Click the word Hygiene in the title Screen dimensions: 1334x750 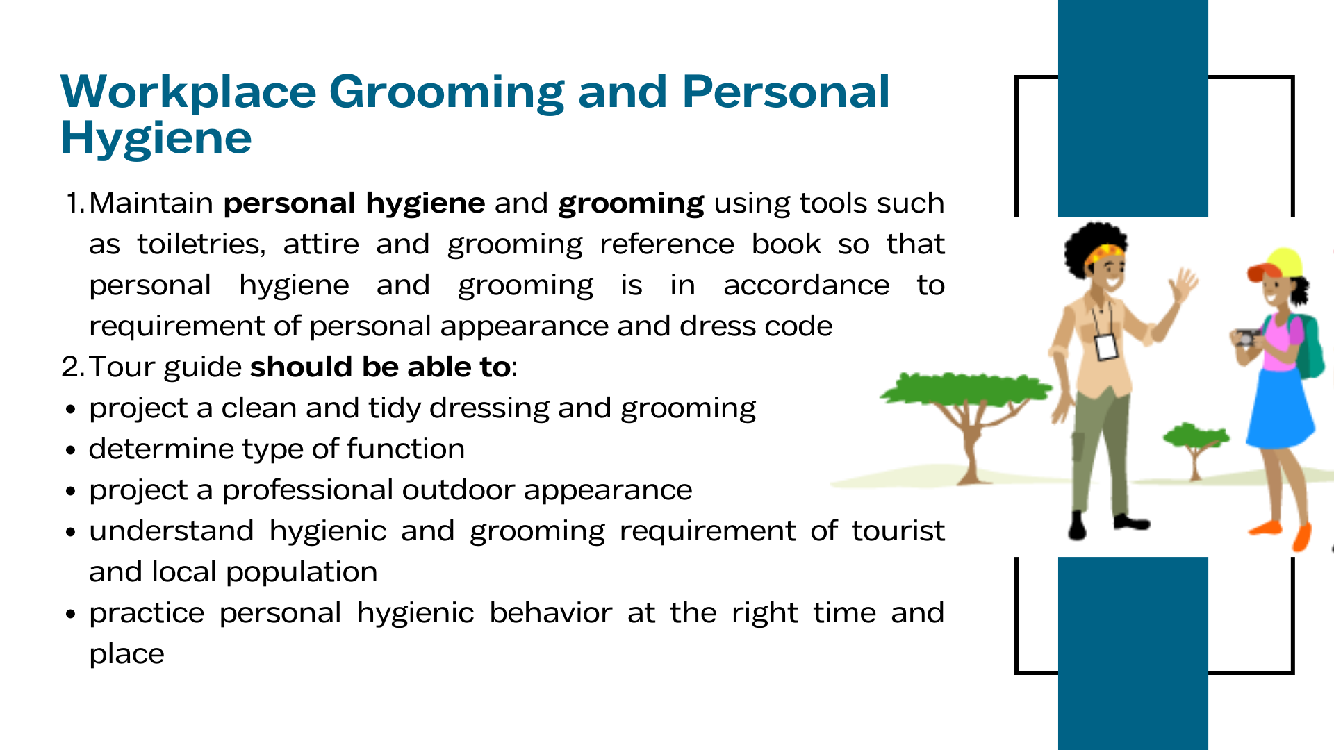click(156, 138)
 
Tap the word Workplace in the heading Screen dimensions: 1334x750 click(189, 93)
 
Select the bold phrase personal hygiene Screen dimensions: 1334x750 click(354, 203)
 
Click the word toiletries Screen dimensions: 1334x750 click(201, 244)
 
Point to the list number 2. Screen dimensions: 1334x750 click(73, 367)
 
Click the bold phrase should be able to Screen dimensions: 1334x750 click(381, 367)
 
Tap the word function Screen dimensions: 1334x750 click(406, 449)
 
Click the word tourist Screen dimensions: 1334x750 click(898, 531)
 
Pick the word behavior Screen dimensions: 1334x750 click(550, 612)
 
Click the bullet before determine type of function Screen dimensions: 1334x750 click(70, 450)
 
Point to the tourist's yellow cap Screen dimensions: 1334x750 click(1276, 263)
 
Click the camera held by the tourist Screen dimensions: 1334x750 click(1245, 338)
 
